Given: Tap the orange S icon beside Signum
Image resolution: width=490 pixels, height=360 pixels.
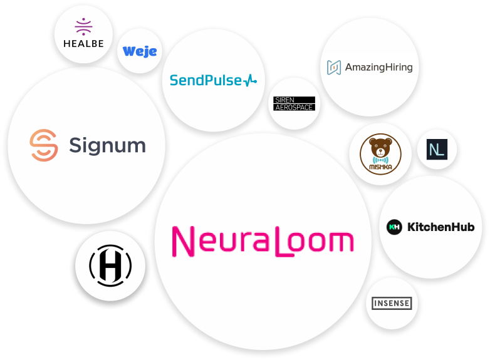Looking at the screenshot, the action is click(43, 145).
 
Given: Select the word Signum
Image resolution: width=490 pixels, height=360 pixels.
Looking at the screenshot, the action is click(107, 146).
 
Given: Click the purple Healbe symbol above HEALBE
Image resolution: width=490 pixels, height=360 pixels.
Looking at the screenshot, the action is click(83, 27).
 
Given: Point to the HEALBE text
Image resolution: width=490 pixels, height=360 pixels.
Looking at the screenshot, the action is click(83, 44).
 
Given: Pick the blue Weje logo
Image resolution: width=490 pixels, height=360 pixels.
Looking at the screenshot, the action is click(140, 51).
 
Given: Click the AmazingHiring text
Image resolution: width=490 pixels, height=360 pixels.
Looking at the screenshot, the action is click(379, 67).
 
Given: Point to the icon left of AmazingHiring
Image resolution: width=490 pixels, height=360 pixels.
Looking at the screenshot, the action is click(335, 67).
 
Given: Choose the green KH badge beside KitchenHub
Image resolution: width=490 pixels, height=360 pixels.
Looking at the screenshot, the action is click(394, 227).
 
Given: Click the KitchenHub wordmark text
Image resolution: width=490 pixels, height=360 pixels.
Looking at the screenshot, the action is click(440, 227).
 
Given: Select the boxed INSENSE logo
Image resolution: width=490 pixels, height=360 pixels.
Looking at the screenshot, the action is click(392, 304).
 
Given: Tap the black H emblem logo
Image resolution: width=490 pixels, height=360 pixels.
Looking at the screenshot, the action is click(110, 265).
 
